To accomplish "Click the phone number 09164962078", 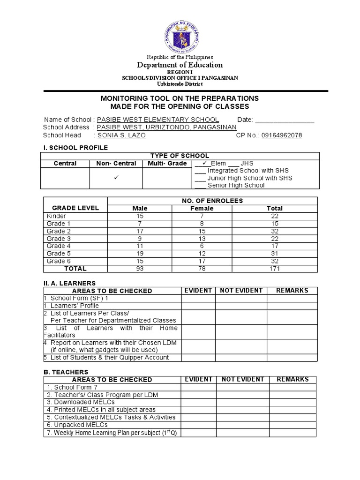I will (x=281, y=135).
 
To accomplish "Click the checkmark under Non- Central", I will (x=116, y=178).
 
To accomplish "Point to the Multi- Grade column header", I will (x=167, y=163).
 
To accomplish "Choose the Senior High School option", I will (x=236, y=185).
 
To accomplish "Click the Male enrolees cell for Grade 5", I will (x=140, y=254).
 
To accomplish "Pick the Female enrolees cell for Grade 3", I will (x=202, y=239).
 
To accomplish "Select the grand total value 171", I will (x=275, y=269).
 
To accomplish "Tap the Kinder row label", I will (x=56, y=216).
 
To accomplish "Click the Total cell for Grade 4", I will (x=275, y=246).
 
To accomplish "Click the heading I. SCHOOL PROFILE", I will (x=75, y=148).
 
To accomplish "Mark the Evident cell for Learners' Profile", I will (x=198, y=306).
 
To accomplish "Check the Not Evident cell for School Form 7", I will (x=242, y=387).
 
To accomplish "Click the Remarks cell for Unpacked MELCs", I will (x=292, y=425).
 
